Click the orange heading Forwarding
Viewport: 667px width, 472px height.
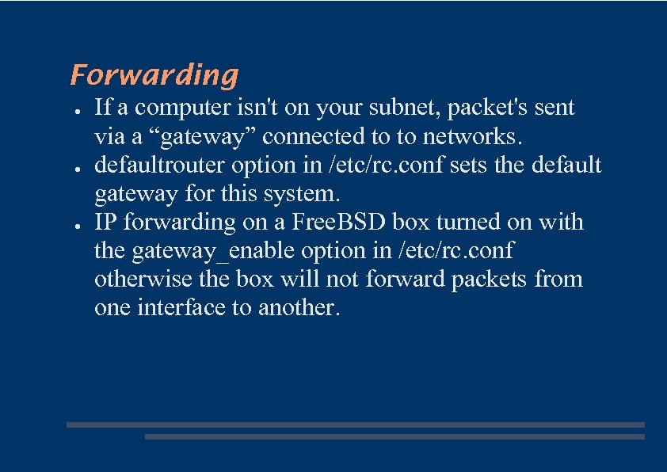154,74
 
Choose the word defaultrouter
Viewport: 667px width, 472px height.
158,165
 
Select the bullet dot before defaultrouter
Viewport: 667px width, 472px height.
73,167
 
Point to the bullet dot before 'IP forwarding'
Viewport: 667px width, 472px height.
73,224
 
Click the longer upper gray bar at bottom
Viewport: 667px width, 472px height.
355,424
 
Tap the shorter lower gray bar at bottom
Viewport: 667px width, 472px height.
394,436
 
